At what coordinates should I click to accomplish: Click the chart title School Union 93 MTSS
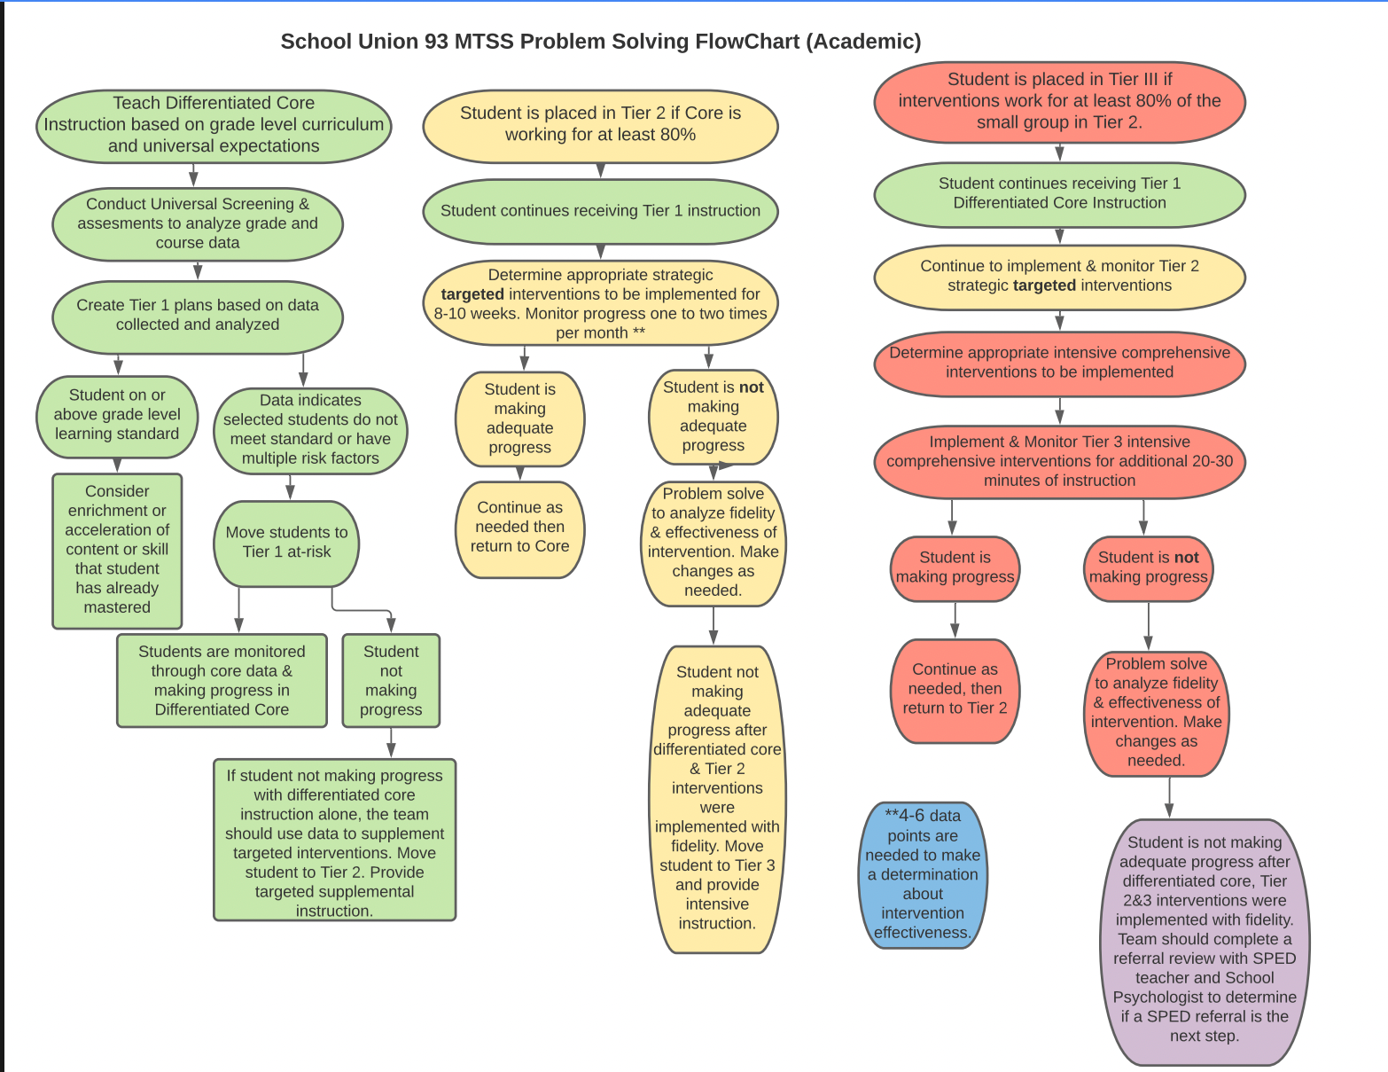(600, 42)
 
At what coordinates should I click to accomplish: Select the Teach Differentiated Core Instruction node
(214, 126)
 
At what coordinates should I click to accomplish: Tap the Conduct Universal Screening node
(198, 224)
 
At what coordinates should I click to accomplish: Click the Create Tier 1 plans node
(198, 317)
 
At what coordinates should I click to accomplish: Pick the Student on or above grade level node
(117, 417)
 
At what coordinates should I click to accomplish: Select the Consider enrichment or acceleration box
(117, 551)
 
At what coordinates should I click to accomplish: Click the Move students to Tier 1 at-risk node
(286, 544)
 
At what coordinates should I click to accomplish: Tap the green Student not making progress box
(391, 680)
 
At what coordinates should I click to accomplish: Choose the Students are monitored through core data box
(222, 680)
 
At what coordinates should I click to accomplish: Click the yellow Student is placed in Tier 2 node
(600, 126)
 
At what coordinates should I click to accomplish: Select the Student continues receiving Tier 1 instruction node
(600, 211)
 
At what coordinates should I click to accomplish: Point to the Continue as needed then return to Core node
(520, 529)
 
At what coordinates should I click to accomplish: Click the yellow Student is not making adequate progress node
(713, 417)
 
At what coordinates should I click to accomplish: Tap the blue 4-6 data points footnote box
(923, 875)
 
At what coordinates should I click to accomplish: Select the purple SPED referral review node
(1205, 942)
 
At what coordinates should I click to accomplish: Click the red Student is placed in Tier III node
(1060, 102)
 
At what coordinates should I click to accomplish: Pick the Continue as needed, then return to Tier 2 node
(955, 691)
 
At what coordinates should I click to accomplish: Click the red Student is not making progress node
(1149, 568)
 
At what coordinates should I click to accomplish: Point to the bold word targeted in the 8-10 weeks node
(472, 294)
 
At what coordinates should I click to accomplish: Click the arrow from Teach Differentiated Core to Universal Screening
(193, 175)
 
